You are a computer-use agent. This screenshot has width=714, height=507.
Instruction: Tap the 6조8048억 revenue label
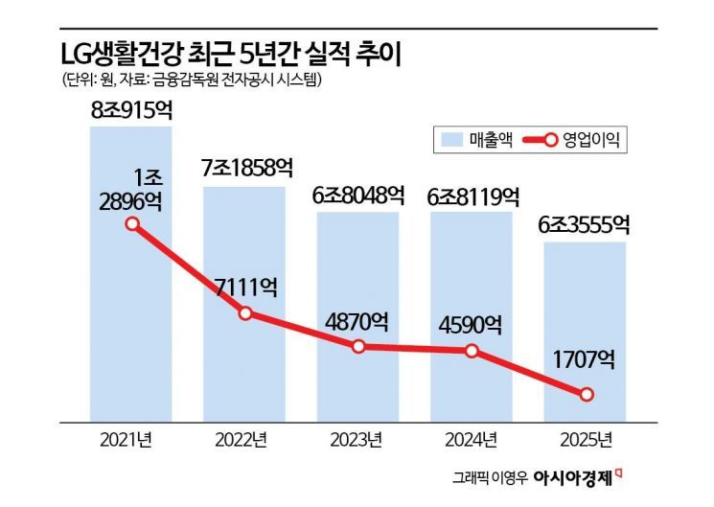[357, 195]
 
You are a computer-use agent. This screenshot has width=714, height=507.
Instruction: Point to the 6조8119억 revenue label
[472, 195]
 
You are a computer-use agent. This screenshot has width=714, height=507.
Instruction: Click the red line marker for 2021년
[132, 225]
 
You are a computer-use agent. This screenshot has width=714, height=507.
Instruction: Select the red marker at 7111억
[245, 313]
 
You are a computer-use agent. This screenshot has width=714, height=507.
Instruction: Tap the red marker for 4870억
[358, 346]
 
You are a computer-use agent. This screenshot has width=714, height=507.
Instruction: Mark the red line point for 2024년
[472, 351]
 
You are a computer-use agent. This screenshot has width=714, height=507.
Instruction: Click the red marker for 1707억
[587, 394]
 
